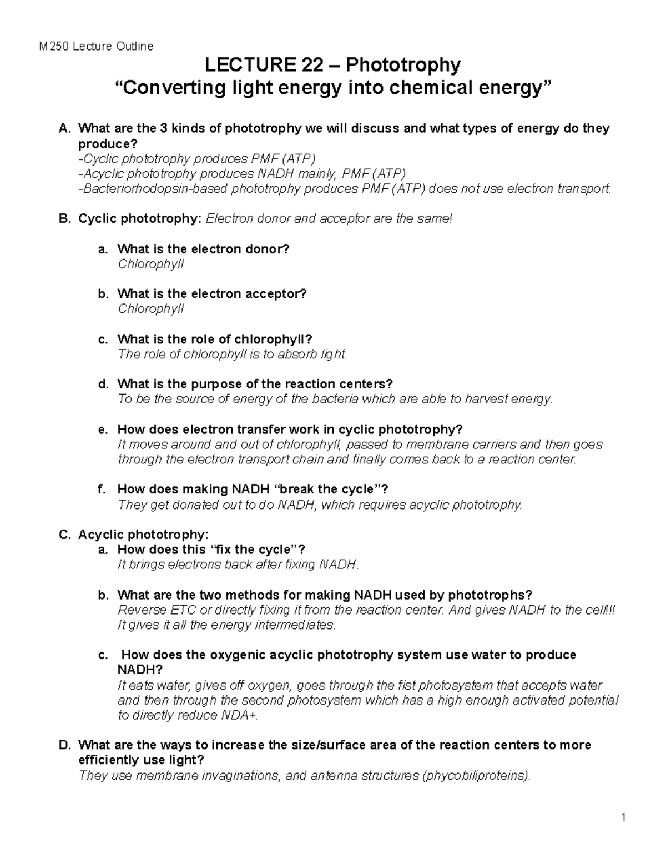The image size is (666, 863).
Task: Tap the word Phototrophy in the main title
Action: (403, 66)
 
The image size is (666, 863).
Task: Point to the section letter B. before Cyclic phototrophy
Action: (65, 219)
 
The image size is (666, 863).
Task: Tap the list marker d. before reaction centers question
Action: (102, 384)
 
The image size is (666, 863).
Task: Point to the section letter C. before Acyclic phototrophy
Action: (65, 535)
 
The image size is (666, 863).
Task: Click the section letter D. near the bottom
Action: (65, 745)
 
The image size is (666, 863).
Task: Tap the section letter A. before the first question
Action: (65, 129)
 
